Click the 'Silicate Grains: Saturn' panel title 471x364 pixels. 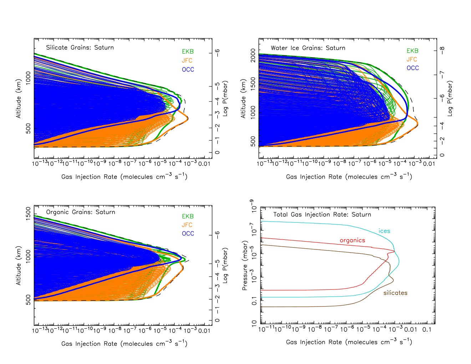80,47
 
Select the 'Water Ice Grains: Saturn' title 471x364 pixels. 308,48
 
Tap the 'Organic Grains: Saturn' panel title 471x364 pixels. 80,212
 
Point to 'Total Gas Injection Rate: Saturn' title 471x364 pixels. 322,214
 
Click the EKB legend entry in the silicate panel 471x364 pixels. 188,51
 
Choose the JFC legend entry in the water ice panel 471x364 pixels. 412,59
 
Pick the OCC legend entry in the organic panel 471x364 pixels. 188,233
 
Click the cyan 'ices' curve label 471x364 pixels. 384,231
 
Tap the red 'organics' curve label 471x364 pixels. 352,241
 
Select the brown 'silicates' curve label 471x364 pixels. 395,293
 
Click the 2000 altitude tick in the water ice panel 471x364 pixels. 253,55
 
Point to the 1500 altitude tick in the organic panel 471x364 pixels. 28,214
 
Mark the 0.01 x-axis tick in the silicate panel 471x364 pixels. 204,164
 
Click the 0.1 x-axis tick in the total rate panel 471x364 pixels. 427,329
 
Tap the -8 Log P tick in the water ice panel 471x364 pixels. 442,51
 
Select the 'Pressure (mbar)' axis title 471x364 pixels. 244,265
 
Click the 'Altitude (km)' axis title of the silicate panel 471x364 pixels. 19,98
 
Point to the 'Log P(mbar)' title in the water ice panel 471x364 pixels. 450,98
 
